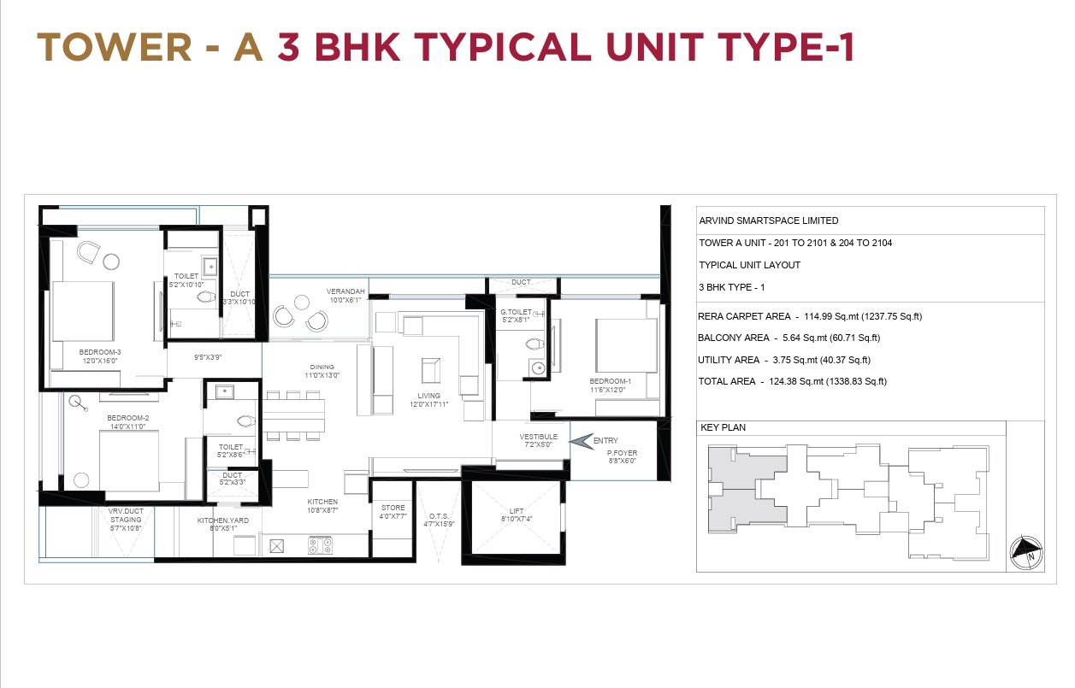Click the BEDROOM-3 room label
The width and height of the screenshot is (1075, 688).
point(100,352)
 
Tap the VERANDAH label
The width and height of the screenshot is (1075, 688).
point(346,291)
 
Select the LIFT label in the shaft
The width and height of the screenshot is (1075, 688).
point(517,511)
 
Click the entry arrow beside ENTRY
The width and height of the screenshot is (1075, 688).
point(582,441)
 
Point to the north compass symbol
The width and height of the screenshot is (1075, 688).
point(1026,553)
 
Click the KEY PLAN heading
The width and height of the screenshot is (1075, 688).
point(723,427)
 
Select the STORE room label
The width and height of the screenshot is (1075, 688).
point(393,508)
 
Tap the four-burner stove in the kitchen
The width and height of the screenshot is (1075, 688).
point(320,545)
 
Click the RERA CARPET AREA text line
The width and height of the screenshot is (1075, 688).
point(810,316)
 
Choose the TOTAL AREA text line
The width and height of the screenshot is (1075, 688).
point(792,382)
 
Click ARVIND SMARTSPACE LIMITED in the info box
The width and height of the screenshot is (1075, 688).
point(769,221)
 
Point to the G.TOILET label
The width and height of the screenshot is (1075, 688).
point(516,312)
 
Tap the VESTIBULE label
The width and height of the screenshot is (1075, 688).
point(539,437)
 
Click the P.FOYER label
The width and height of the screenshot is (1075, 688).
point(622,453)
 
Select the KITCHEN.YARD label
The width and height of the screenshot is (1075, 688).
point(223,520)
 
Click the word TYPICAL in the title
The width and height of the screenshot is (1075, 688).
point(503,47)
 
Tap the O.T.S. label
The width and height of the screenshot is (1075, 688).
point(439,516)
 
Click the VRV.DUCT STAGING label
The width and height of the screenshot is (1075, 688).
point(126,515)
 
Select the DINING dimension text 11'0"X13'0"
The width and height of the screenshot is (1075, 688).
point(322,375)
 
